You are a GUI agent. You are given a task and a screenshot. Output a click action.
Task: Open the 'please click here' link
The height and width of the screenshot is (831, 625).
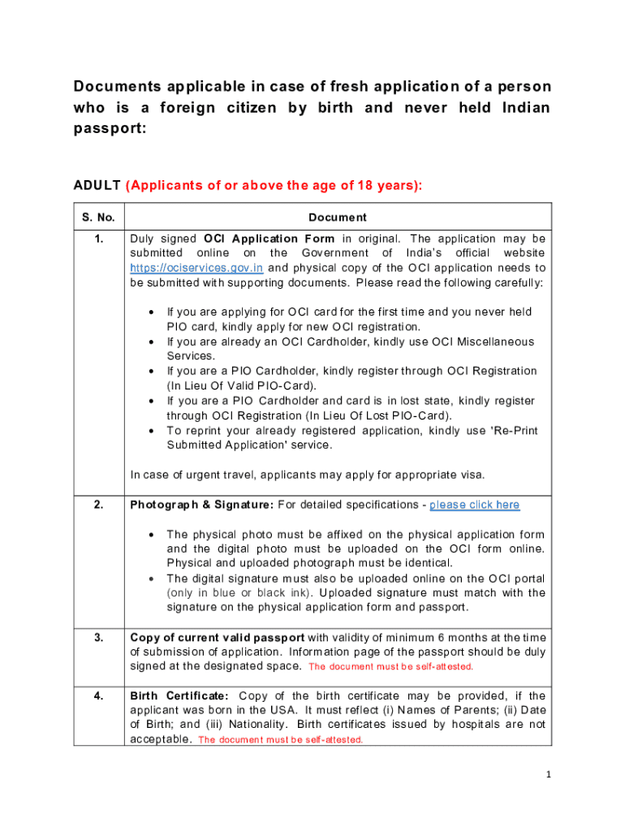coord(474,505)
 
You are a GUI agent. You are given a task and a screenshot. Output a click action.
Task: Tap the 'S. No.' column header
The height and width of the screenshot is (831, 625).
coord(97,217)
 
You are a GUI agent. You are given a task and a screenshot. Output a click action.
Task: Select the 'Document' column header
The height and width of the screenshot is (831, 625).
coord(337,217)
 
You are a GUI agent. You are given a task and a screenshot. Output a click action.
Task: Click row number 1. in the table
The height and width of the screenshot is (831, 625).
coord(97,239)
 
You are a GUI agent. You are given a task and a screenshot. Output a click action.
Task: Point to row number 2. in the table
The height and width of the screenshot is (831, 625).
coord(97,505)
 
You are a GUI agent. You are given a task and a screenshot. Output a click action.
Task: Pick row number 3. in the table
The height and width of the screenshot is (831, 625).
coord(97,637)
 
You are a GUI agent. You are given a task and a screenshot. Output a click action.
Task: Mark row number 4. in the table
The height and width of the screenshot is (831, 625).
coord(97,695)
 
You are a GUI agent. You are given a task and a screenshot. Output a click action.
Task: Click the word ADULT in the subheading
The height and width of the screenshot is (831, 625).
coord(97,185)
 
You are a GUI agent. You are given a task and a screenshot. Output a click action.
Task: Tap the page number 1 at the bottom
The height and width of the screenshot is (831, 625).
coord(548,774)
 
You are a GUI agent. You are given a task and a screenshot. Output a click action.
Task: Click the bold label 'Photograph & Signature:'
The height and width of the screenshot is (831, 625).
coord(202,505)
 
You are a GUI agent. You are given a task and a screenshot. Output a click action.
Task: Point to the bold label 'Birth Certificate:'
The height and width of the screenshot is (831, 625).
coord(179,695)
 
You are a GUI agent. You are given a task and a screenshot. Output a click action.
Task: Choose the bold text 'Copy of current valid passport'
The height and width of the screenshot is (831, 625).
coord(218,637)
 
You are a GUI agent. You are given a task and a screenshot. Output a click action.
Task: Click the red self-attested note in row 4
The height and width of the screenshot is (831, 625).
coord(281,740)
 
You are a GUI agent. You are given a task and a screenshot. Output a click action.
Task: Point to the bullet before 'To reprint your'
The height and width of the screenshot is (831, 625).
coord(153,431)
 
